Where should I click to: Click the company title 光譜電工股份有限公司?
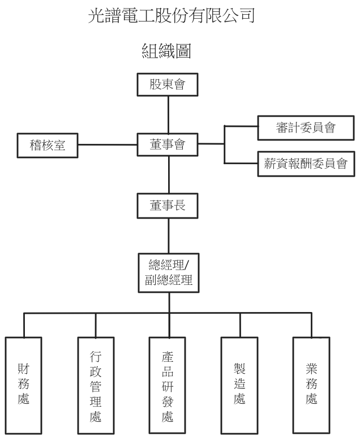coord(172,16)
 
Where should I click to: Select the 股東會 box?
coord(168,85)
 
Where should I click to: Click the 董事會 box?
coord(168,145)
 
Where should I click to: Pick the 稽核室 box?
coord(48,145)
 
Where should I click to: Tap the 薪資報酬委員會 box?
coord(305,164)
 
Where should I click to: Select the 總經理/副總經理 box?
coord(168,273)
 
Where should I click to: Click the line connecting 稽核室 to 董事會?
coord(108,144)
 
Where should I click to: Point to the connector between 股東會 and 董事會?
coord(168,114)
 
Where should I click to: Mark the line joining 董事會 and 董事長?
coord(168,174)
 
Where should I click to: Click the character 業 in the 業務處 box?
coord(311,370)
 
